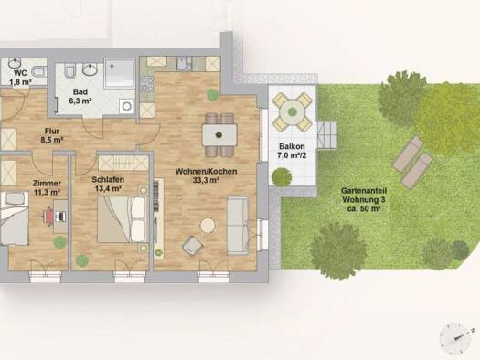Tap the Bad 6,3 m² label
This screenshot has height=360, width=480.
tap(80, 96)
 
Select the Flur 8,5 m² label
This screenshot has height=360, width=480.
tap(52, 135)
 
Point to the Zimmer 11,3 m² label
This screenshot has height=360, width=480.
tap(47, 187)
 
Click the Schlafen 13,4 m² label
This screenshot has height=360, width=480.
tap(108, 184)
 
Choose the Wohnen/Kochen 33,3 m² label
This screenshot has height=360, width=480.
tap(206, 175)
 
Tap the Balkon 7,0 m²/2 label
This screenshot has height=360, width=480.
tap(292, 151)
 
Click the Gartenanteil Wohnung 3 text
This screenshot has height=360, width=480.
tap(364, 196)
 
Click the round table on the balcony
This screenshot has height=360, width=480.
tap(293, 111)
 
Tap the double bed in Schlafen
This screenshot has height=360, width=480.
tap(122, 219)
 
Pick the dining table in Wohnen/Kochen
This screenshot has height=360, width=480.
tap(219, 135)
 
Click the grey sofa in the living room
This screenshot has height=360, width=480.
tap(238, 226)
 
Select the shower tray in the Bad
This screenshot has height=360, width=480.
tap(120, 73)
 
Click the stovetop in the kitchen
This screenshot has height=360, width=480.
tap(146, 84)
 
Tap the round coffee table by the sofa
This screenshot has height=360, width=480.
tap(208, 226)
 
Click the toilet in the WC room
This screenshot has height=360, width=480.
tap(40, 72)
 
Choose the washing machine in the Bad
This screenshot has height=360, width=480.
tap(126, 106)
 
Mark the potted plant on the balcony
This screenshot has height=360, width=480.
tap(282, 176)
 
